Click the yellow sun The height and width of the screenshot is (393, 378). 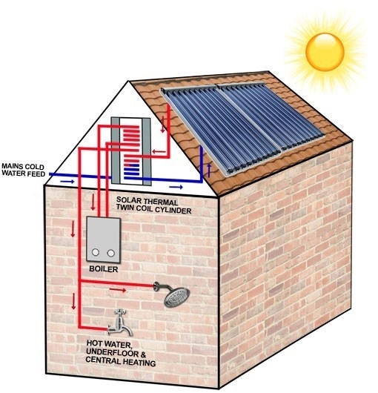tap(325, 52)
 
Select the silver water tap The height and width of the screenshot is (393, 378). tap(120, 323)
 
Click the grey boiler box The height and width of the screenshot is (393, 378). tap(104, 240)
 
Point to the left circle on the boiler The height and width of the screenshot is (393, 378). tap(96, 252)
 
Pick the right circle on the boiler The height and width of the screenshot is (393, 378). tap(111, 253)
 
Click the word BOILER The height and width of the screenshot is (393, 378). tap(104, 269)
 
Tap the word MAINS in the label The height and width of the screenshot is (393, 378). tap(13, 166)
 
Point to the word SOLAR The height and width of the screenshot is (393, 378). tap(127, 200)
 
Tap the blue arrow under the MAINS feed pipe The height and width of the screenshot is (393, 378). tap(67, 181)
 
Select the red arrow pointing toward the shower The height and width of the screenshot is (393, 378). tap(118, 290)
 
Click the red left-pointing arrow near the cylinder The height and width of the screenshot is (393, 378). tap(159, 151)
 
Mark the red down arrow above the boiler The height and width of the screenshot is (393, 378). tap(93, 202)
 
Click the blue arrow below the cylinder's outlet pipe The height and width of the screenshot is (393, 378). tap(176, 187)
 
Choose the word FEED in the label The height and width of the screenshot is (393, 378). tap(36, 174)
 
